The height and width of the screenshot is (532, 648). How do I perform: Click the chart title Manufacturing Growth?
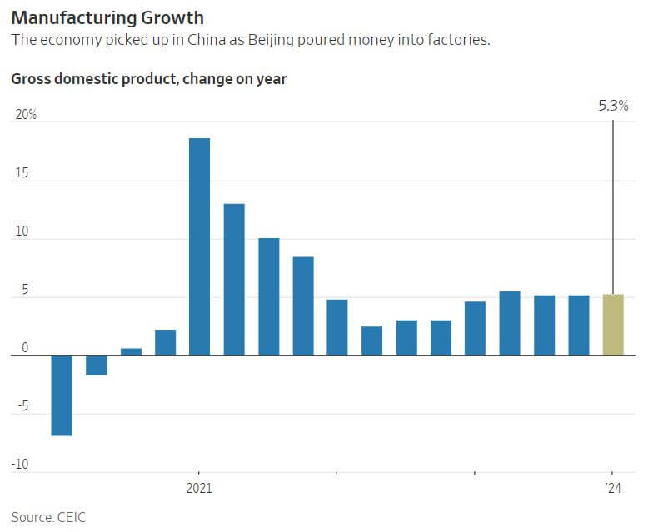[107, 17]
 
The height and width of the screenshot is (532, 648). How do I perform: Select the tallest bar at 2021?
[199, 246]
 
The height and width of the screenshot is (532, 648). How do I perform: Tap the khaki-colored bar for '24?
[613, 325]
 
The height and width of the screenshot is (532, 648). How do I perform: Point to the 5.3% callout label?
[613, 107]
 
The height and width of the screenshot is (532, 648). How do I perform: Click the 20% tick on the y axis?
[26, 115]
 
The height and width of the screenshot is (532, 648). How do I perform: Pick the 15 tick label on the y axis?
[22, 173]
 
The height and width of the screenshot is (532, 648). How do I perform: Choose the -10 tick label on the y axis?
[22, 465]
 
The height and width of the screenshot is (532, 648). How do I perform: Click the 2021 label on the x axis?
[199, 488]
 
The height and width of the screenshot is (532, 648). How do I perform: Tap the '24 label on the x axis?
[613, 488]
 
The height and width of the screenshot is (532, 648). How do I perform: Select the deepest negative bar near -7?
[62, 395]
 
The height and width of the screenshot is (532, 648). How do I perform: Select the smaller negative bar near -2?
[96, 365]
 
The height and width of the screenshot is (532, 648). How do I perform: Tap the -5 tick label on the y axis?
[22, 407]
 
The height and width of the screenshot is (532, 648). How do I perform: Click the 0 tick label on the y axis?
[25, 349]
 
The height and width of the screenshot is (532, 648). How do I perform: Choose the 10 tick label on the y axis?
[22, 231]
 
